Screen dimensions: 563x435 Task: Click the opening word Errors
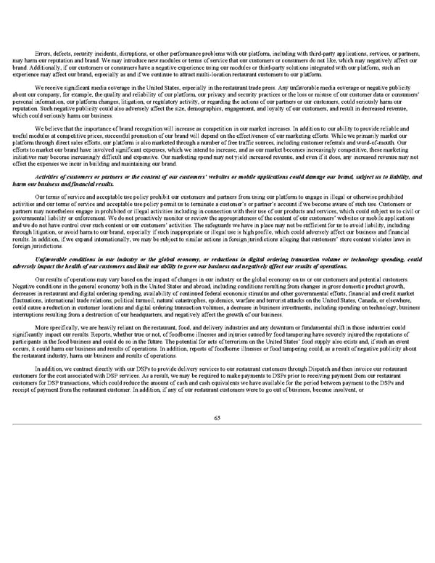pos(43,33)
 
